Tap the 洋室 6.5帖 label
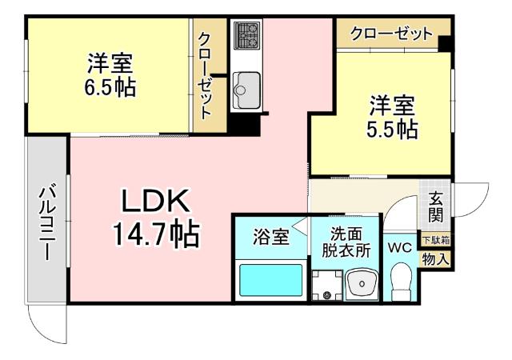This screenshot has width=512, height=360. tap(110, 74)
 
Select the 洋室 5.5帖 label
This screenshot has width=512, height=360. tap(392, 118)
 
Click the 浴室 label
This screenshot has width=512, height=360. tap(270, 237)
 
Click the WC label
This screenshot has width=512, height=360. tap(399, 248)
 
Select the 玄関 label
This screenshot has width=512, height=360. tap(435, 206)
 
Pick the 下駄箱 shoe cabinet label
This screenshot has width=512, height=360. tap(436, 240)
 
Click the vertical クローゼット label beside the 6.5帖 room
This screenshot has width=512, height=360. tap(206, 75)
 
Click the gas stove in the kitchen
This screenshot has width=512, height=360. tap(247, 35)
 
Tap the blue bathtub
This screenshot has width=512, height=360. tap(271, 282)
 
